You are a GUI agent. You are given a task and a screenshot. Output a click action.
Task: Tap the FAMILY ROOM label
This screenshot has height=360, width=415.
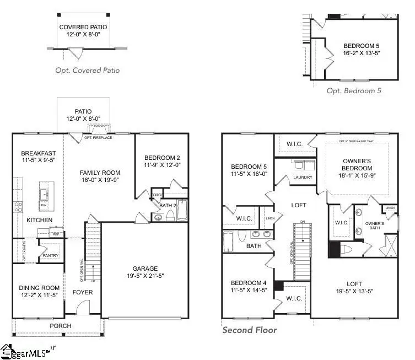pyautogui.click(x=100, y=173)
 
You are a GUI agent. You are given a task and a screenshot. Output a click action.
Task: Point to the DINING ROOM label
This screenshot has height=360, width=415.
pyautogui.click(x=39, y=287)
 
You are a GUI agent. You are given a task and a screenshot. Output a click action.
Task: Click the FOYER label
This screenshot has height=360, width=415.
pyautogui.click(x=83, y=292)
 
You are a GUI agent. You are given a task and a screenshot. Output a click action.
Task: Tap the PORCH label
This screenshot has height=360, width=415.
pyautogui.click(x=61, y=326)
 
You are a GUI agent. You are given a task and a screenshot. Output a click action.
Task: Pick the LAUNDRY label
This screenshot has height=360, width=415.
pyautogui.click(x=303, y=177)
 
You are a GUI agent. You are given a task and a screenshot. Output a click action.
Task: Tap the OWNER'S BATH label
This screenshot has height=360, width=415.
pyautogui.click(x=374, y=227)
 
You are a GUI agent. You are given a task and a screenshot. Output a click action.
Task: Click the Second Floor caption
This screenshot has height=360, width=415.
pyautogui.click(x=249, y=330)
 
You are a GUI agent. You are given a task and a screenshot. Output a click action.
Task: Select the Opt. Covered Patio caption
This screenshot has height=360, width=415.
pyautogui.click(x=87, y=71)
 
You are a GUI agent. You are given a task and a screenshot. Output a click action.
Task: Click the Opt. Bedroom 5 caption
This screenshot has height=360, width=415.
pyautogui.click(x=354, y=91)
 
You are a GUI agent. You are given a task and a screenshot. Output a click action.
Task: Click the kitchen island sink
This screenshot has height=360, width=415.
pyautogui.click(x=44, y=194)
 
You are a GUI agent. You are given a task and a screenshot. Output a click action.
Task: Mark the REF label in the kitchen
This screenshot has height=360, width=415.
pyautogui.click(x=56, y=234)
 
